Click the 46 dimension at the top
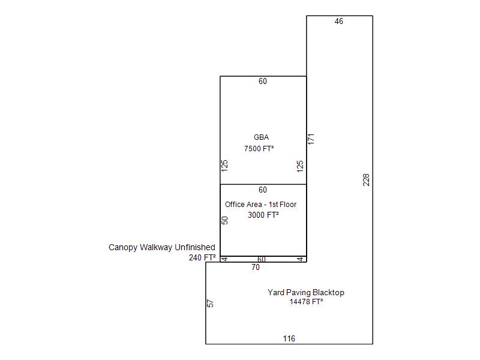point(338,21)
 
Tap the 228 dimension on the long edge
point(366,179)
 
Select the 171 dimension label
point(311,139)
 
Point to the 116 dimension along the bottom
point(289,338)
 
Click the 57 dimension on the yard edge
point(211,304)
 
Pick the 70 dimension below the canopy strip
point(256,267)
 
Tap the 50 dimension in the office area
point(224,220)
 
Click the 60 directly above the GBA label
point(263,81)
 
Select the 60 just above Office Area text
point(263,190)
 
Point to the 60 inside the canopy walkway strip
point(262,260)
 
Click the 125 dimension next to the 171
point(300,166)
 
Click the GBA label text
point(261,137)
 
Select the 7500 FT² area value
point(259,148)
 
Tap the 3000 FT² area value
point(263,215)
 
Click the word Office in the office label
point(234,205)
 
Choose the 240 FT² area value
point(202,258)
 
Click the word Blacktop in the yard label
point(328,292)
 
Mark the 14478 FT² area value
point(307,302)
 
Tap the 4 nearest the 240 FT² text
point(224,259)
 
